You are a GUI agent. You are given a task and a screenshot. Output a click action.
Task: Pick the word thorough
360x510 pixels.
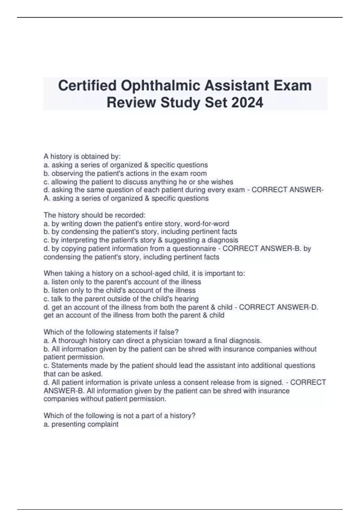[72, 340]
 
